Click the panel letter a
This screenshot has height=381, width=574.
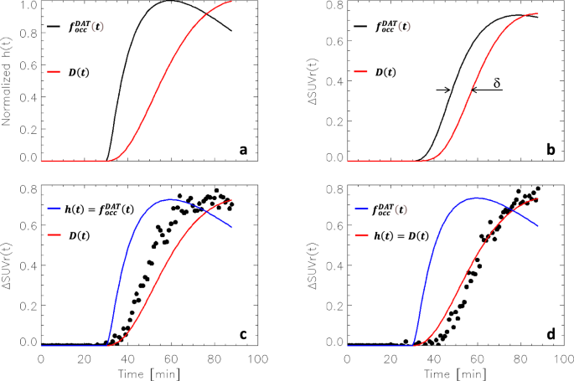click(243, 150)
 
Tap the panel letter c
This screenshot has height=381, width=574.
click(243, 335)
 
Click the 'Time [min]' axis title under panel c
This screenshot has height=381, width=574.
click(149, 371)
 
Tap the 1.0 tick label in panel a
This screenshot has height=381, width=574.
click(28, 6)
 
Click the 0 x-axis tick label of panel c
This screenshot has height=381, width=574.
click(41, 358)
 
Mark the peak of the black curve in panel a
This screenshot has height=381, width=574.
click(170, 1)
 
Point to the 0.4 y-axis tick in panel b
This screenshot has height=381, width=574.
click(328, 82)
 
